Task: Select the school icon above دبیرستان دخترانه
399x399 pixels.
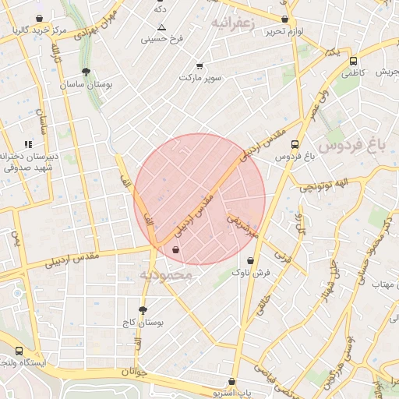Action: pyautogui.click(x=29, y=143)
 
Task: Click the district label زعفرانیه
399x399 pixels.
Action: pyautogui.click(x=234, y=24)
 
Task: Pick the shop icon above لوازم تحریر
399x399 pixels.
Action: pyautogui.click(x=284, y=19)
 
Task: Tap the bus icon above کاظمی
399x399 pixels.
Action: pyautogui.click(x=354, y=61)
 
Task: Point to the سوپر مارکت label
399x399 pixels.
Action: pyautogui.click(x=200, y=79)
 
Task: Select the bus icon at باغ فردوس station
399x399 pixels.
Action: pyautogui.click(x=295, y=144)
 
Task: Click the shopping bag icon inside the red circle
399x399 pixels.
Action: pyautogui.click(x=176, y=249)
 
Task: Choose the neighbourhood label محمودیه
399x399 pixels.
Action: pyautogui.click(x=165, y=275)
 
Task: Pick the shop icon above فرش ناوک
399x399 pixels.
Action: pyautogui.click(x=250, y=260)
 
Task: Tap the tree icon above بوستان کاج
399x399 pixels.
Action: pyautogui.click(x=142, y=309)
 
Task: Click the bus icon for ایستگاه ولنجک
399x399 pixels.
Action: pyautogui.click(x=19, y=351)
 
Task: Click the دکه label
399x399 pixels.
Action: pyautogui.click(x=161, y=9)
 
